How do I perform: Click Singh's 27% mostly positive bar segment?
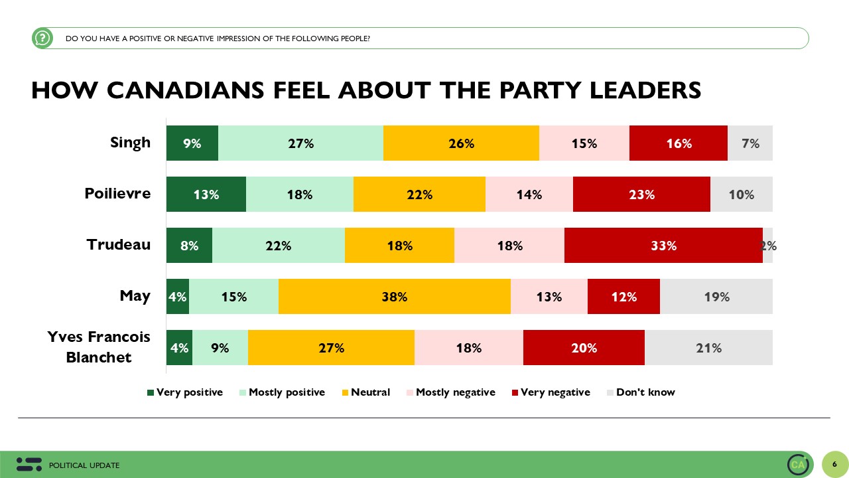coord(300,143)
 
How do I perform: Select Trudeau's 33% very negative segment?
coord(663,246)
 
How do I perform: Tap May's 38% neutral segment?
coord(395,297)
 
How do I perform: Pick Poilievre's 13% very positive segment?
coord(206,195)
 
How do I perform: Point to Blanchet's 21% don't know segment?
coord(708,348)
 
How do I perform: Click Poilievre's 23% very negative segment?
coord(641,195)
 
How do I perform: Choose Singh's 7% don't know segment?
coord(750,143)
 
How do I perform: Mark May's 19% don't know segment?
coord(716,297)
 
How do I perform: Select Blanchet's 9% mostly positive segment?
coord(220,348)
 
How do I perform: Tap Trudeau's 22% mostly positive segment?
coord(279,246)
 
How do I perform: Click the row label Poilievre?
coord(117,194)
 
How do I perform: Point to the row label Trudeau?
coord(119,244)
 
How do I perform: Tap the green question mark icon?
coord(42,38)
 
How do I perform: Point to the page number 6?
coord(834,464)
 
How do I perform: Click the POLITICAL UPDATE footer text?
coord(84,465)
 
